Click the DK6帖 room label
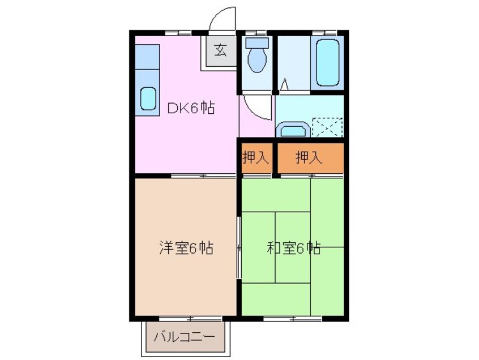[190, 108]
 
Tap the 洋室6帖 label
[185, 247]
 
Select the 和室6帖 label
[293, 247]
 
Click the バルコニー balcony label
[185, 338]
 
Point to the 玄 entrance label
[220, 50]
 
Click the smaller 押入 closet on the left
[256, 157]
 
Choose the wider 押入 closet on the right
[309, 157]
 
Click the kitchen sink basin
[148, 98]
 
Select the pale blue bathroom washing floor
[293, 62]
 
